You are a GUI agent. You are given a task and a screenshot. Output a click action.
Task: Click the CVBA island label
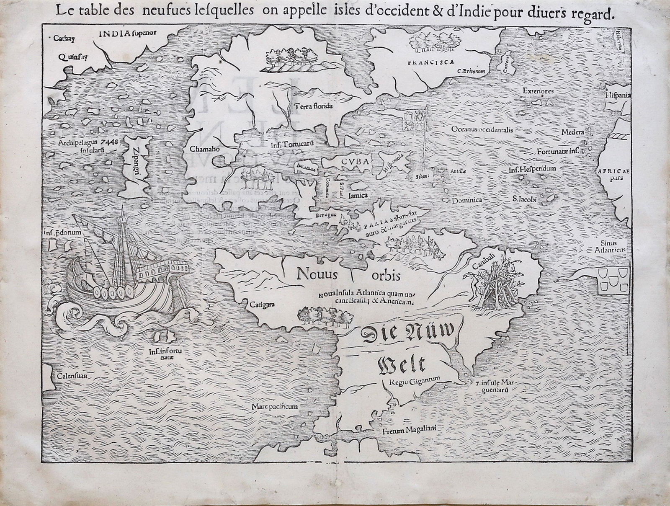(x=354, y=161)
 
